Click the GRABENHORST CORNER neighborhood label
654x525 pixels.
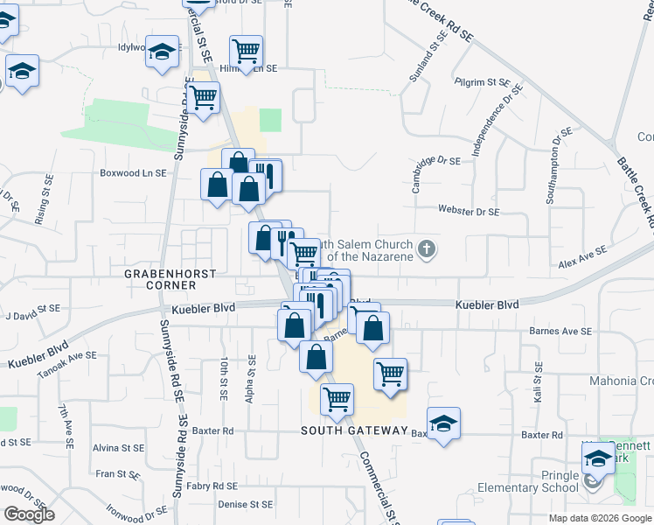pos(160,279)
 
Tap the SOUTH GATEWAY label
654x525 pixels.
pos(354,430)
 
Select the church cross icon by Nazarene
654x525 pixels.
pos(427,249)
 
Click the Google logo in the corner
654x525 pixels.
pos(29,514)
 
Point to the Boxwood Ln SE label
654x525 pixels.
pos(133,173)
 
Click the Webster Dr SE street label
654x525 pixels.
pos(469,212)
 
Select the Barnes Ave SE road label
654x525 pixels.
pos(560,332)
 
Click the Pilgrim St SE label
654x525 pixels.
pos(483,82)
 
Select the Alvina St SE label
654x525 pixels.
pos(120,447)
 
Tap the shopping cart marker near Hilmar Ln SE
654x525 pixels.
pos(246,51)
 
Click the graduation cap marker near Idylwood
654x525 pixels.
pos(161,52)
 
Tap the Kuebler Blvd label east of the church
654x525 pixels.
pos(486,304)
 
